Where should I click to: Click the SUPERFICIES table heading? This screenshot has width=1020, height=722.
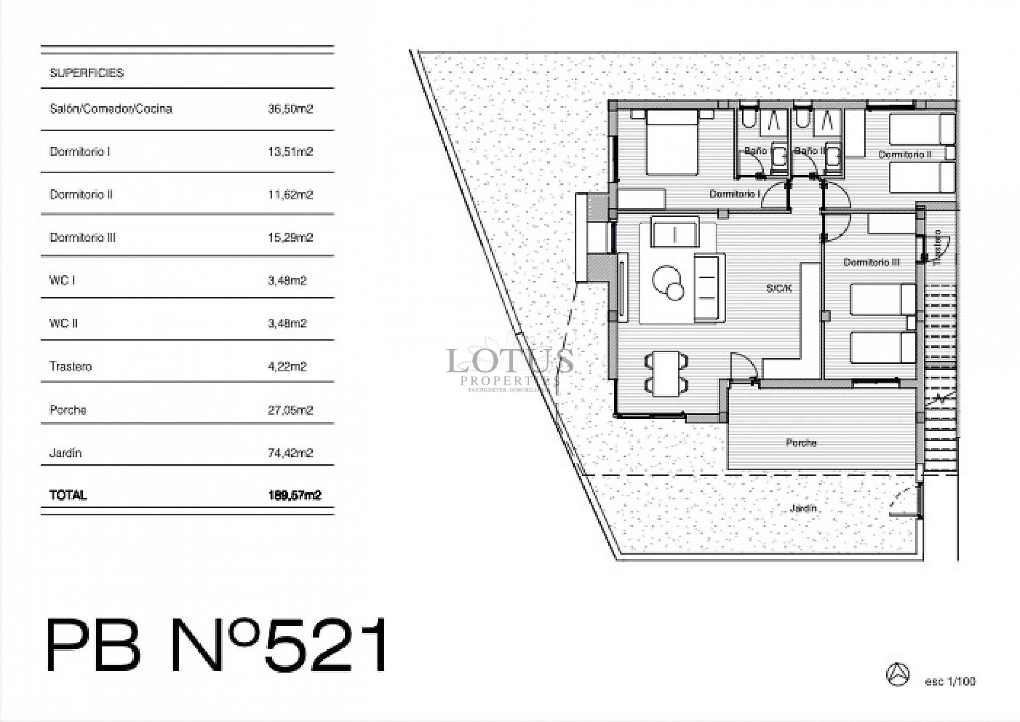[x=87, y=73]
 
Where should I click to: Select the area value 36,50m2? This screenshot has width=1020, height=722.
[x=290, y=109]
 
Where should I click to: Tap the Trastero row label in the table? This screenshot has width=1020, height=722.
[x=71, y=366]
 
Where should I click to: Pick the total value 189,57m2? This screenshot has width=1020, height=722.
[x=295, y=495]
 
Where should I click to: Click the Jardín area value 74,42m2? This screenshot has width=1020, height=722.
[x=290, y=453]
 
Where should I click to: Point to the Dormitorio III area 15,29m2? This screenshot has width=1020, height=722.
[x=290, y=237]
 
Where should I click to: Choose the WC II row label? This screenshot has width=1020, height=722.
[x=64, y=323]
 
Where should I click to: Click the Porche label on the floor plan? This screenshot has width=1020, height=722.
[x=801, y=443]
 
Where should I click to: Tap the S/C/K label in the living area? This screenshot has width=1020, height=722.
[x=779, y=288]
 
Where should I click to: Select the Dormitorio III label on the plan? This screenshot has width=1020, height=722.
[x=871, y=262]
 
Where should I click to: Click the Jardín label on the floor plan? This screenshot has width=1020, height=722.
[x=803, y=508]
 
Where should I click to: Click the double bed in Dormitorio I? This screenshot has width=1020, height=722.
[x=671, y=142]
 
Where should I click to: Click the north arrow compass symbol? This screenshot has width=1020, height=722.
[x=898, y=674]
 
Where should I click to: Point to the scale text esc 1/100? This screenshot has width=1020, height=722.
[x=950, y=682]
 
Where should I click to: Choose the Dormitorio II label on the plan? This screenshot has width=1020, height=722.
[x=905, y=155]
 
